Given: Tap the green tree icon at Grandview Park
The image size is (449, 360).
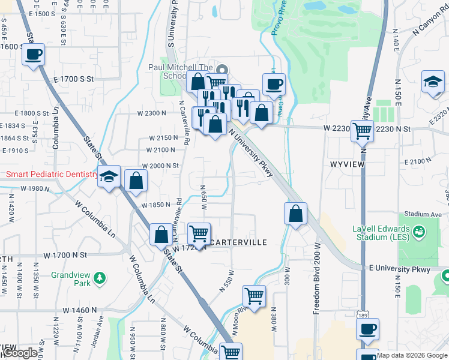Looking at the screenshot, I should (x=100, y=278).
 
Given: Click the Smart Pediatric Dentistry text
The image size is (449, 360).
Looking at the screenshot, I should (x=52, y=175).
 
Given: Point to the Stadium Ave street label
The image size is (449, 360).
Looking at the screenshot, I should (x=423, y=214).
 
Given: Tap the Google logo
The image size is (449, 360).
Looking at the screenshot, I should (x=20, y=353).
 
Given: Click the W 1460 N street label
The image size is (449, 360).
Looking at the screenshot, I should (x=80, y=311).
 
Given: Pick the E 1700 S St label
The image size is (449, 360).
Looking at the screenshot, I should (x=74, y=79).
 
